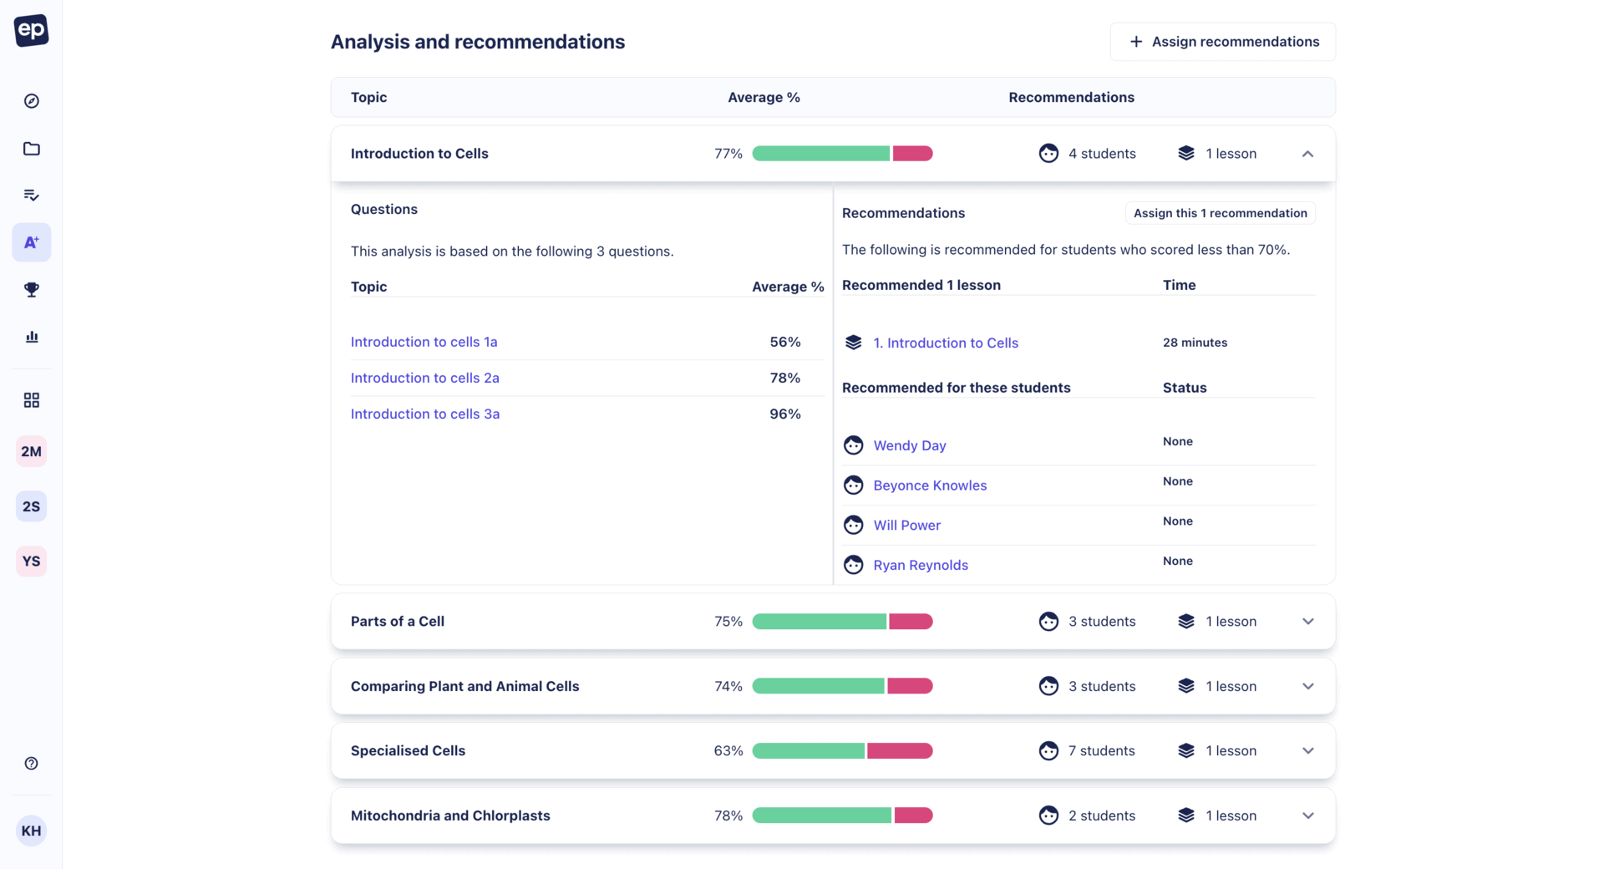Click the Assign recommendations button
1222,42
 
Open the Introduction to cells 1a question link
424,342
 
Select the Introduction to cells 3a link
424,414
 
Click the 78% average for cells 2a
784,378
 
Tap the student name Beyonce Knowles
930,485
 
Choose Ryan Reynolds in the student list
921,565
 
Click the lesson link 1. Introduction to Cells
946,343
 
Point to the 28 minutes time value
1195,343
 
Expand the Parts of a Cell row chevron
1307,622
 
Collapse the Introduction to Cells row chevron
1307,154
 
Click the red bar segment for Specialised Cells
899,751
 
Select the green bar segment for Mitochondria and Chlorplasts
821,816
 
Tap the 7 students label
1101,751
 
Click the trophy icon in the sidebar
32,290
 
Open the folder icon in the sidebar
32,149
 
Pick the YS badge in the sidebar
32,562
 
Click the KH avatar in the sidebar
32,831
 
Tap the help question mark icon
32,764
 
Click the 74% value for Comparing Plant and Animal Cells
728,686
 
